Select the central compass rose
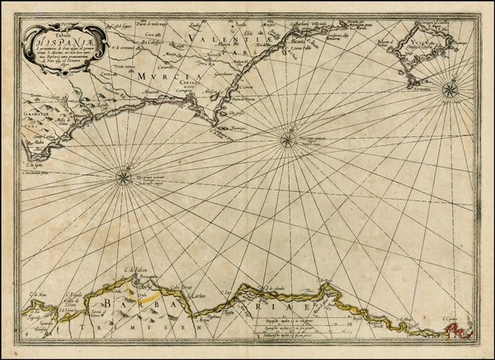coord(286,140)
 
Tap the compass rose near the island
coord(450,88)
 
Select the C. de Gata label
coord(29,164)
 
